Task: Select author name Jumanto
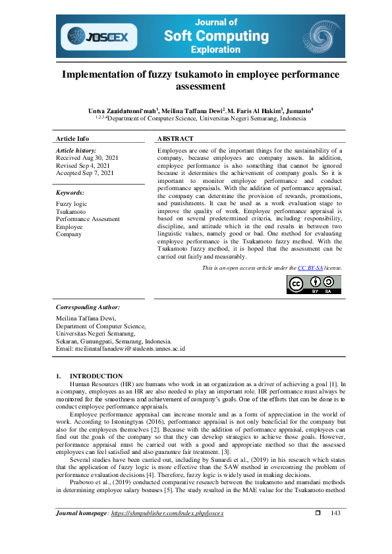[x=296, y=111]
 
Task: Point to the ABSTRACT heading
[x=175, y=139]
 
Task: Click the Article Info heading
[x=72, y=139]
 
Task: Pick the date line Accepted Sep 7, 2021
[x=85, y=173]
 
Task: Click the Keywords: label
[x=70, y=193]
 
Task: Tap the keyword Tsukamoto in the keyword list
[x=70, y=213]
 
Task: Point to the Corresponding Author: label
[x=88, y=307]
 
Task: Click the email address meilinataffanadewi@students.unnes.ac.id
[x=132, y=349]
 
